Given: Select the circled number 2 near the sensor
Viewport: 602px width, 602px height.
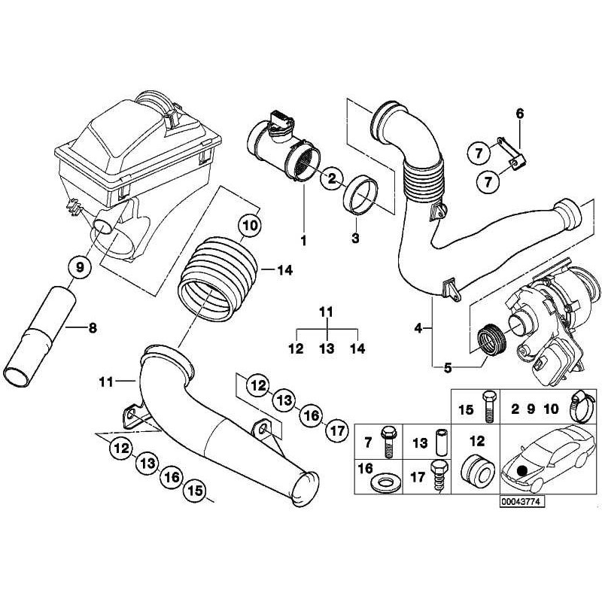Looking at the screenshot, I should point(330,179).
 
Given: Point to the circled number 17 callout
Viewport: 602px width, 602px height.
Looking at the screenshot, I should point(336,431).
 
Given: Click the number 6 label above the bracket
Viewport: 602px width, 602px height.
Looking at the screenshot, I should point(519,114).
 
